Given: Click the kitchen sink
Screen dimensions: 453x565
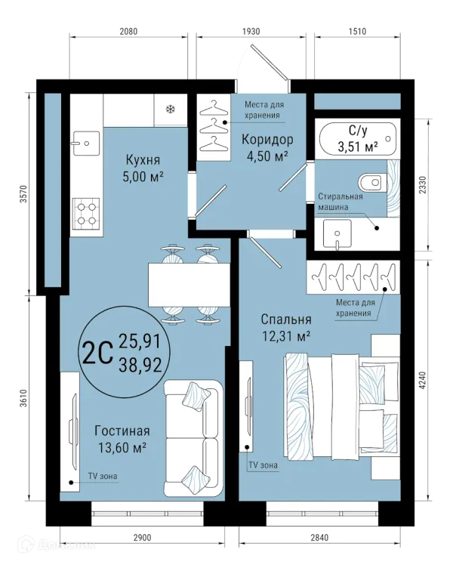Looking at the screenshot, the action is (86, 143).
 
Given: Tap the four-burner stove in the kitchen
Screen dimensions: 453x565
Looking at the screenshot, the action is (86, 213).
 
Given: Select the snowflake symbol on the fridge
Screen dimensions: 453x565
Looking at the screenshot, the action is (171, 109).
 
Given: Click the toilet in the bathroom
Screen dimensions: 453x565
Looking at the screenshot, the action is (371, 182).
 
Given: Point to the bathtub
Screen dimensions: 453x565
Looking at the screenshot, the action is (358, 139).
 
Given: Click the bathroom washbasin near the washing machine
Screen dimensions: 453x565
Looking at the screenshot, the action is (337, 234).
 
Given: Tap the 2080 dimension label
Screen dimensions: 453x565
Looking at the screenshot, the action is (128, 32).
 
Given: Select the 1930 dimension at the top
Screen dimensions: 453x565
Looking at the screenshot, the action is (251, 32).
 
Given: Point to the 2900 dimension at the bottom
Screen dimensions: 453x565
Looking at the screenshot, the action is (142, 538).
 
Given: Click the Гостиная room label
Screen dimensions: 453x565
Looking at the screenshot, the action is (122, 431).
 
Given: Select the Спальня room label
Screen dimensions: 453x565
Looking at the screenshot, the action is (286, 320).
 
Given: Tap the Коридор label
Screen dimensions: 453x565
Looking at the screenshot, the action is (267, 140).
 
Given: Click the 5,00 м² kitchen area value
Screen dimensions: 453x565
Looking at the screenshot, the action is (143, 177).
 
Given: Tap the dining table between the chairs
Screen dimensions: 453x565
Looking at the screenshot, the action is (189, 285).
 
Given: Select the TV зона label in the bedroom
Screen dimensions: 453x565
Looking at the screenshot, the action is (263, 465).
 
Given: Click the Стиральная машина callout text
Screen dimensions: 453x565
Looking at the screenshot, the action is (341, 202).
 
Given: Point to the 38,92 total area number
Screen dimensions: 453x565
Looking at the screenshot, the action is (140, 366).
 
